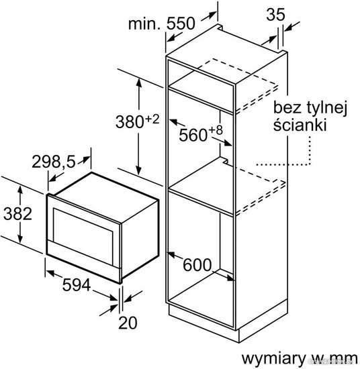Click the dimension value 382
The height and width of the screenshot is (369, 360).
tap(17, 214)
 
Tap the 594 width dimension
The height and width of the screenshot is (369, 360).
tap(77, 284)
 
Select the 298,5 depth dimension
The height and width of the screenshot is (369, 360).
tap(54, 162)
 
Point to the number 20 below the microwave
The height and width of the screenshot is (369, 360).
tap(128, 323)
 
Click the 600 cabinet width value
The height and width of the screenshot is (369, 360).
tap(197, 265)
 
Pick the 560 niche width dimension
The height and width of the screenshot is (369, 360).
tap(193, 136)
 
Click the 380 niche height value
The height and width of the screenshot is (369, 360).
tap(130, 122)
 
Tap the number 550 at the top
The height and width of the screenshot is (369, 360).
tap(181, 23)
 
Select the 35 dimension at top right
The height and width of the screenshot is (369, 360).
tap(275, 14)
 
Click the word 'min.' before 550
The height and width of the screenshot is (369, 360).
tap(144, 23)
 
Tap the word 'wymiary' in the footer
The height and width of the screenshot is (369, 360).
tap(273, 359)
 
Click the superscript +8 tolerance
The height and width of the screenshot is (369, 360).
tap(216, 129)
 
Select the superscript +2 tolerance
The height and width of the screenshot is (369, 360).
tap(152, 119)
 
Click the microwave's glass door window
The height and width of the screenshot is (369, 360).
tap(83, 236)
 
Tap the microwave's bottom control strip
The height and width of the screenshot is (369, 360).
tap(84, 262)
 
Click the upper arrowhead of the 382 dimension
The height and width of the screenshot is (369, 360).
tap(20, 189)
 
